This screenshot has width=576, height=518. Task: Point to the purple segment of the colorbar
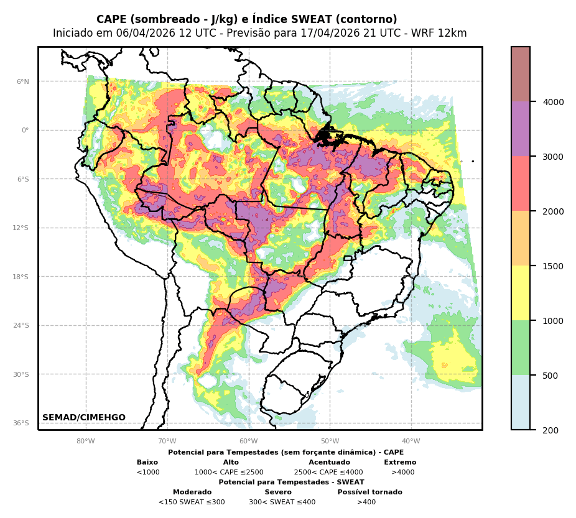coord(521,129)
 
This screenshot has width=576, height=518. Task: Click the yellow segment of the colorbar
coord(521,293)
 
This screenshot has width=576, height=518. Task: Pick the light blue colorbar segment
coord(521,402)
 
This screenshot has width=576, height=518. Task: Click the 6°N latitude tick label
coord(22,81)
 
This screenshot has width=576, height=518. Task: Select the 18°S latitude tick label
coord(21,277)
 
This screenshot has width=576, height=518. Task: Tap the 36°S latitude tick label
coord(21,423)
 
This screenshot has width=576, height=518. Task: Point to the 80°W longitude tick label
coord(86,442)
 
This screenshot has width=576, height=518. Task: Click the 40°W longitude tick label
coord(411,442)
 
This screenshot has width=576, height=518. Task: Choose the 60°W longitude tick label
coord(249,442)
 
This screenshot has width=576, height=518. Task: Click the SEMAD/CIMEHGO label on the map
coord(84,418)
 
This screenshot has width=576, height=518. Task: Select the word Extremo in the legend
coord(400,463)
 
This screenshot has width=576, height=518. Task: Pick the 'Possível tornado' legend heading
coord(369,493)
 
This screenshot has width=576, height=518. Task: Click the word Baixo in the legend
coord(147,463)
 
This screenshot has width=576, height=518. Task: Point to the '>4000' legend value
coord(402,473)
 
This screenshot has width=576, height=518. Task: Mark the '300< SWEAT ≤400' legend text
coord(282,502)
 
